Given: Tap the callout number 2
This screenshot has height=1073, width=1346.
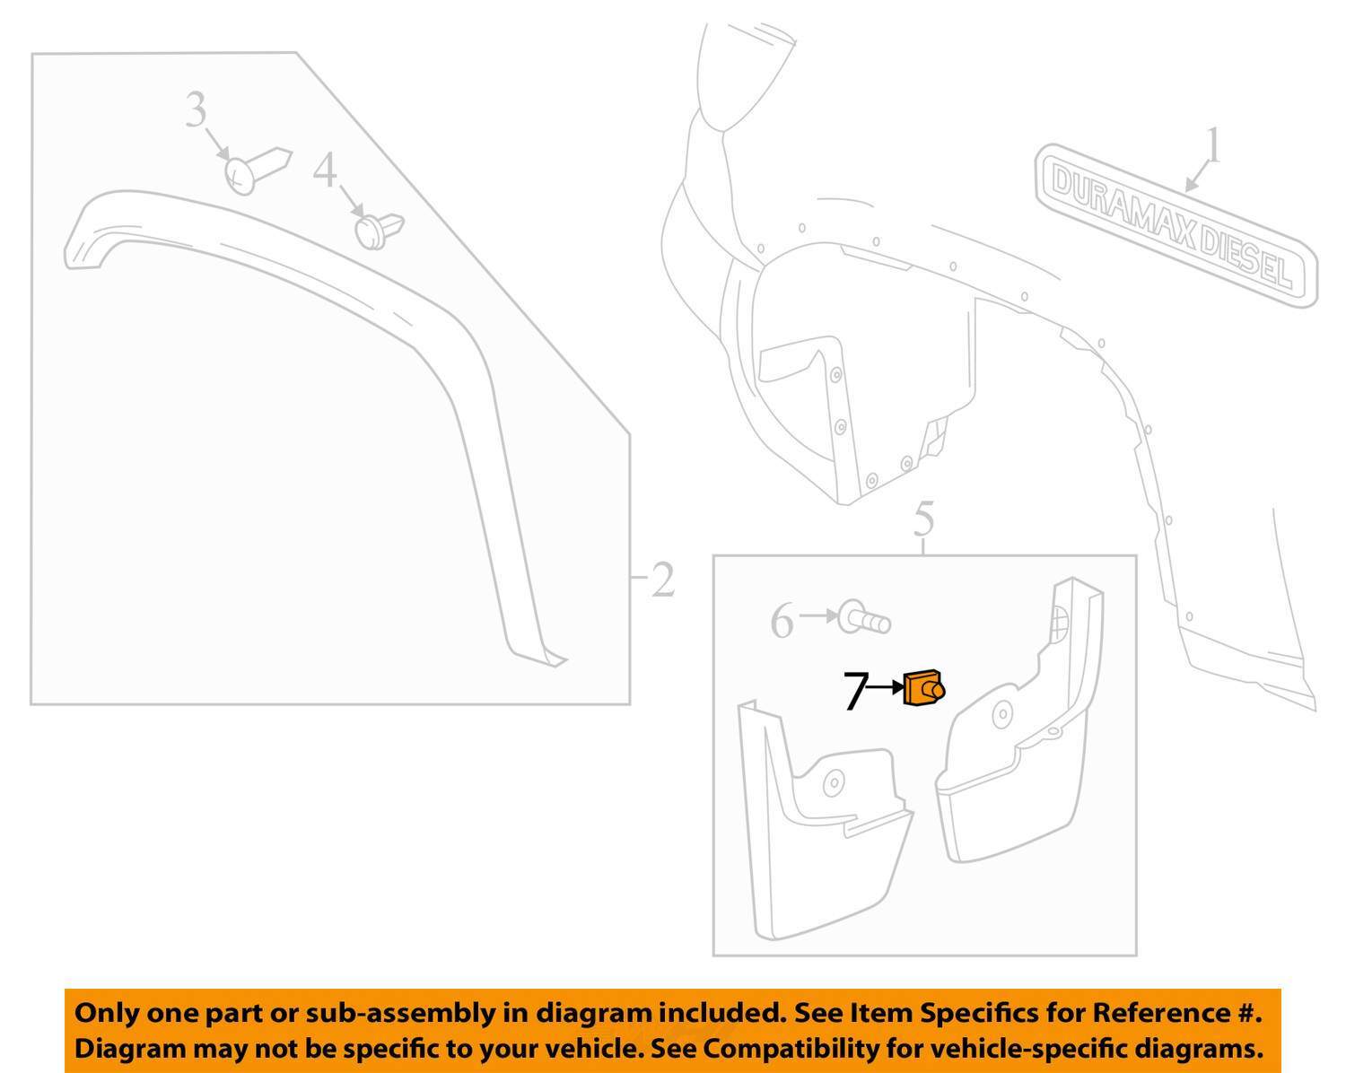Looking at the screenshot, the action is coord(662,580).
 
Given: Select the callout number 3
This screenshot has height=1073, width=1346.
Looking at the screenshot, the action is coord(196,111).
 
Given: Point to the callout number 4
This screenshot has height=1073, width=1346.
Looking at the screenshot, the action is coord(325,170).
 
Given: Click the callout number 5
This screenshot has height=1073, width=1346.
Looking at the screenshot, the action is coord(923,520).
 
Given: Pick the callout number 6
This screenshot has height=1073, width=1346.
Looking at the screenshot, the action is coord(782,621).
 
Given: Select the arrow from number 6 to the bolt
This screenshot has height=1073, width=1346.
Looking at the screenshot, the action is coord(818,615).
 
